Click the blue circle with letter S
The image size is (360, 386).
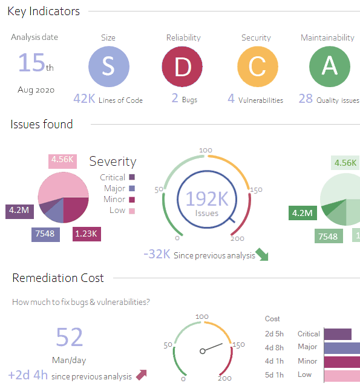tap(108, 66)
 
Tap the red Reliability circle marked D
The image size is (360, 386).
tap(183, 66)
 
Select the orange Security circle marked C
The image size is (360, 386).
tap(257, 66)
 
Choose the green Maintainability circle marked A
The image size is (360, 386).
tap(330, 66)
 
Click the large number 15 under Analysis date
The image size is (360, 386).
tap(31, 63)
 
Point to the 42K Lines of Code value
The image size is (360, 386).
tap(84, 99)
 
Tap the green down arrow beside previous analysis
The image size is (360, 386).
tap(262, 254)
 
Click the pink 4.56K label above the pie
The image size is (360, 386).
tap(63, 160)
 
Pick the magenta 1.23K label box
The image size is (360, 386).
tap(87, 234)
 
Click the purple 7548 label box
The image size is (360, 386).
tap(45, 234)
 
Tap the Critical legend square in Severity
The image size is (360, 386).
tap(132, 177)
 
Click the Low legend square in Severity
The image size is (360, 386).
tap(132, 211)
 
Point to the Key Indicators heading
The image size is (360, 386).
tap(44, 11)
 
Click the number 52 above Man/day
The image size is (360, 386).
tap(70, 337)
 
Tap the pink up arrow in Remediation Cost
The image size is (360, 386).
tap(142, 375)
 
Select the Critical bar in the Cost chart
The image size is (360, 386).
tap(338, 334)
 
